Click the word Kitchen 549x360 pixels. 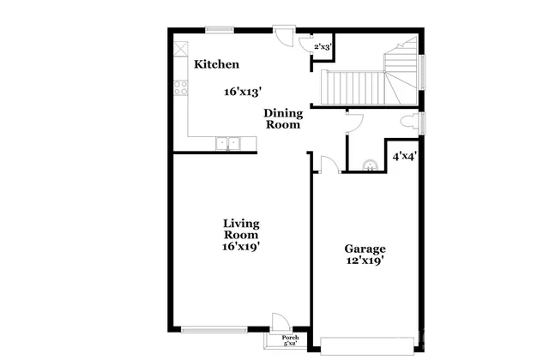point(216,64)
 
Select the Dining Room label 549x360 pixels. point(282,118)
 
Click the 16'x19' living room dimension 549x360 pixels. point(241,246)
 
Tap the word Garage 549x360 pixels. point(365,249)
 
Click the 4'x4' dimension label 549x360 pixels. point(404,157)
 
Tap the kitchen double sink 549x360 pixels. point(226,143)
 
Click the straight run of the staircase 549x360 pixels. point(352,87)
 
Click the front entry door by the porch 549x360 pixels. point(279,322)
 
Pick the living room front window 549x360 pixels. point(214,329)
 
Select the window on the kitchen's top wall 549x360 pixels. point(220,29)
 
